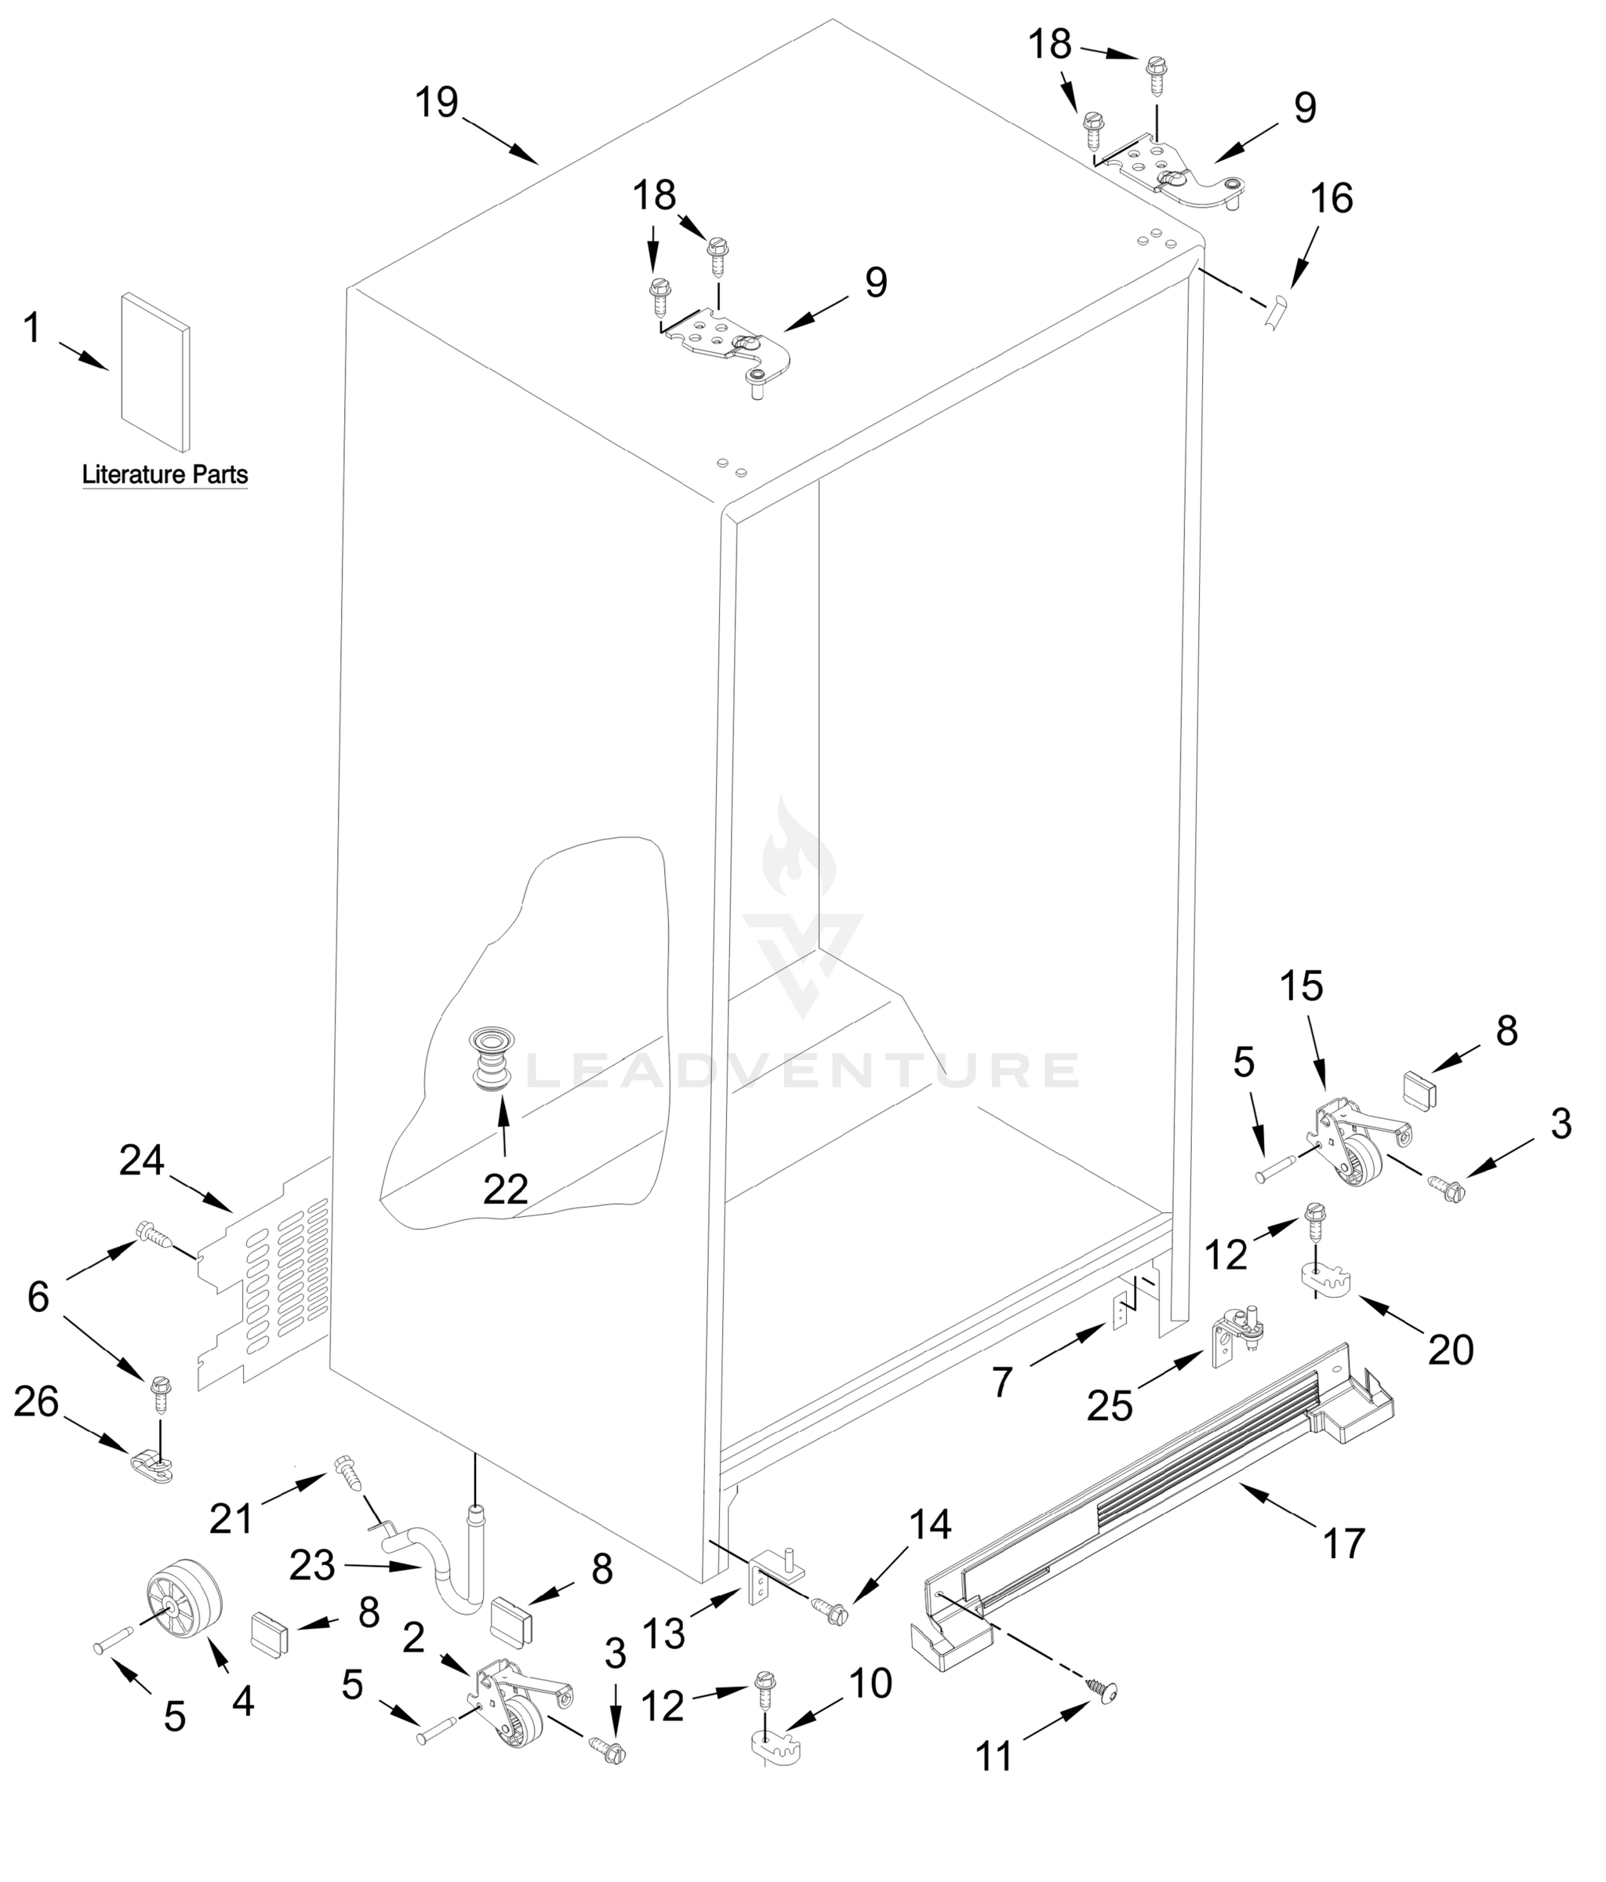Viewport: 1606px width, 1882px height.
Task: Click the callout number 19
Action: point(436,103)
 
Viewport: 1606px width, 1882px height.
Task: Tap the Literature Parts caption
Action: point(165,474)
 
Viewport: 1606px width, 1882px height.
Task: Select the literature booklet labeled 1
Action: point(155,372)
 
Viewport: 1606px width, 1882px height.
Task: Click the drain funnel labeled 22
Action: point(492,1058)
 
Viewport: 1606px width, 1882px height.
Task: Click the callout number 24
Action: point(142,1160)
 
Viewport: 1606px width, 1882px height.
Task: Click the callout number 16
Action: point(1332,198)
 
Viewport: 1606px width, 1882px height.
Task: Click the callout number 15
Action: point(1301,986)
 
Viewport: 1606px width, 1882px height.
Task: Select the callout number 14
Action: point(930,1524)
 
